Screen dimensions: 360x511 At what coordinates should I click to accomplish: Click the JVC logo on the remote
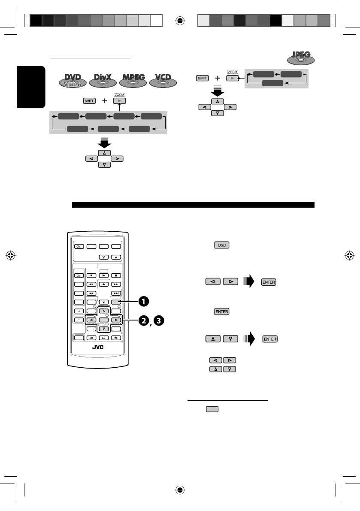coord(99,348)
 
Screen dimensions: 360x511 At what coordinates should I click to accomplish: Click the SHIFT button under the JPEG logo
coord(203,79)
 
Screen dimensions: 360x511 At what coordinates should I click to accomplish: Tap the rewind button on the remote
coord(91,284)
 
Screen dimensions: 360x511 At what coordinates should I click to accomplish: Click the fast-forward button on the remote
coord(115,284)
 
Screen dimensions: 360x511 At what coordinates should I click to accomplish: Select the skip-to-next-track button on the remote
coord(115,293)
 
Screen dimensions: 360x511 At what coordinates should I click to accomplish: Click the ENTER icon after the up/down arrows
coord(270,339)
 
